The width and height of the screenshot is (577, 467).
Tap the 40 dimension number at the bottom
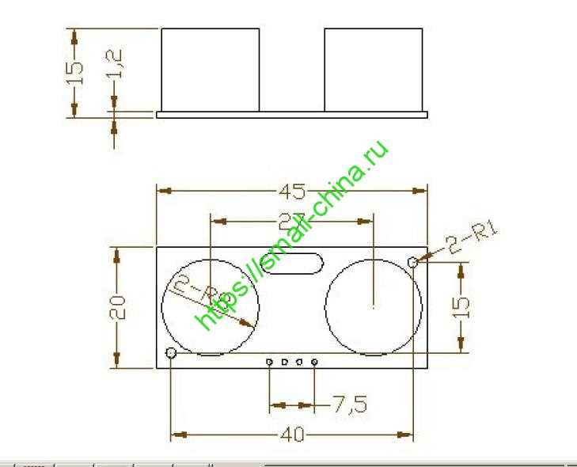(x=293, y=435)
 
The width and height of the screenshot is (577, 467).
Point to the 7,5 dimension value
(x=349, y=405)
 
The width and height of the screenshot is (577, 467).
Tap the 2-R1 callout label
(x=473, y=238)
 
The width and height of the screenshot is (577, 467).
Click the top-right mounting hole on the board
(x=412, y=262)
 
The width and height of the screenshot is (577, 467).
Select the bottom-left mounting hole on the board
(x=171, y=353)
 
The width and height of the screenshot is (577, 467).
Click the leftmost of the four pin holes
(x=270, y=363)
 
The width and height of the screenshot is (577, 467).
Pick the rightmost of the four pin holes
(x=314, y=363)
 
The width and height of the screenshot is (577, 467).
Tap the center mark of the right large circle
(x=373, y=305)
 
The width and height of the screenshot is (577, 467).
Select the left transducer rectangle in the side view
(x=211, y=70)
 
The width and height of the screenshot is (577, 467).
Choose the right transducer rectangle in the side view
(x=374, y=70)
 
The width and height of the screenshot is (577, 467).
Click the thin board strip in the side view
(x=291, y=115)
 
